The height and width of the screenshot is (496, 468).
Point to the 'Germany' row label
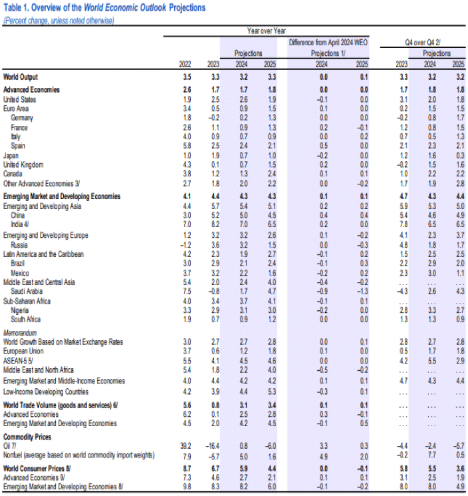(23, 117)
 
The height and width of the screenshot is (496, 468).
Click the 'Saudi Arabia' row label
(29, 291)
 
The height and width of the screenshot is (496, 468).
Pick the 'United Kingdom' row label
(23, 164)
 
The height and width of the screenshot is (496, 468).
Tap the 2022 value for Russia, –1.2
(185, 244)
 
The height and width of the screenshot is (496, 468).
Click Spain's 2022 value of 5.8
(187, 145)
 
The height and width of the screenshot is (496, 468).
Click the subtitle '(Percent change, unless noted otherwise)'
(58, 20)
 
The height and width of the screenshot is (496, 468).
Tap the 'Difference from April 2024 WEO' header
(328, 42)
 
